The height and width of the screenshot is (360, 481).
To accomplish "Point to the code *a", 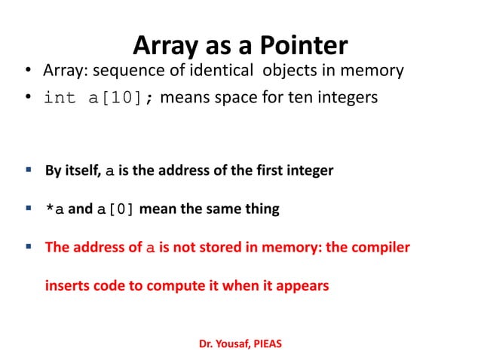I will point(54,209).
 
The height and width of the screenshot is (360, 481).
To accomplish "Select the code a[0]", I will point(115,209).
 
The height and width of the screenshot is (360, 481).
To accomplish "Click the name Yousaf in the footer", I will point(231,344).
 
